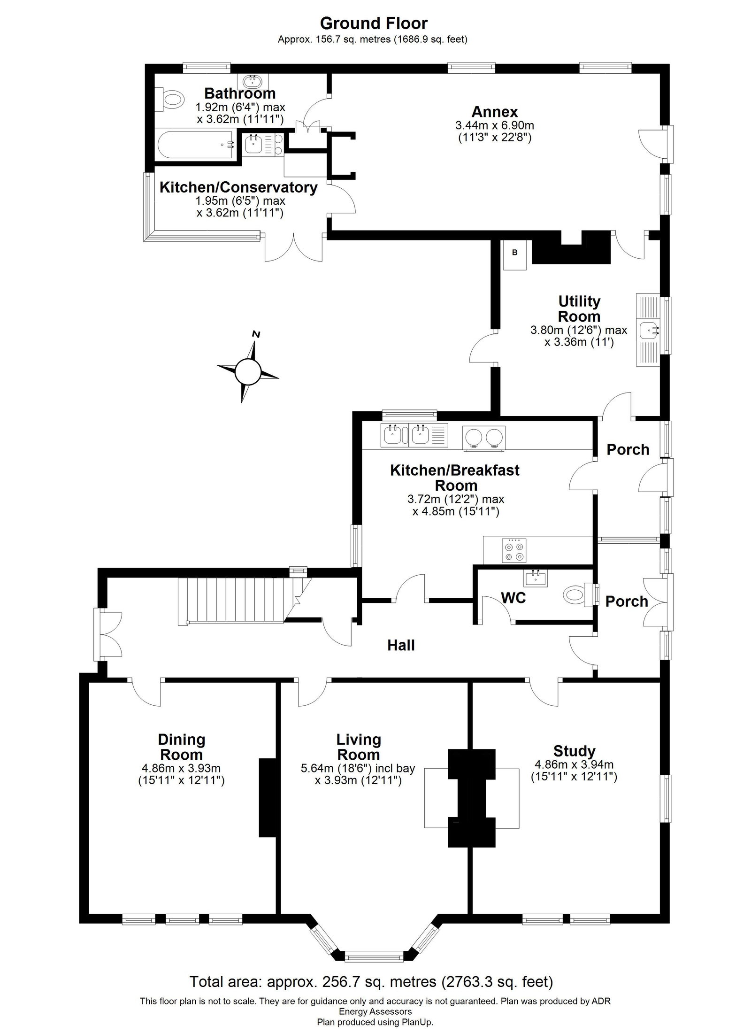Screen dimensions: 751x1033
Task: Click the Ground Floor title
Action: coord(374,23)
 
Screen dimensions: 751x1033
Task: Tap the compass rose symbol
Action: coord(247,371)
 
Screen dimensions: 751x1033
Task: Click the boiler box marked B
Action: coord(514,254)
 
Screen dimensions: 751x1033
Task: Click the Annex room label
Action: coord(495,112)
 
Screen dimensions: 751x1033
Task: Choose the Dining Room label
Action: coord(182,747)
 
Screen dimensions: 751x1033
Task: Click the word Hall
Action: coord(401,645)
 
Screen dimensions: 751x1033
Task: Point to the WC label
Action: coord(513,598)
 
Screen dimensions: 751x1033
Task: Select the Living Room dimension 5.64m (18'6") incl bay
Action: coord(358,769)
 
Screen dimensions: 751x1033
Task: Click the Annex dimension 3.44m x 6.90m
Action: coord(495,125)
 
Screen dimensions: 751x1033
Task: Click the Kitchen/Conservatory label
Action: coord(238,187)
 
